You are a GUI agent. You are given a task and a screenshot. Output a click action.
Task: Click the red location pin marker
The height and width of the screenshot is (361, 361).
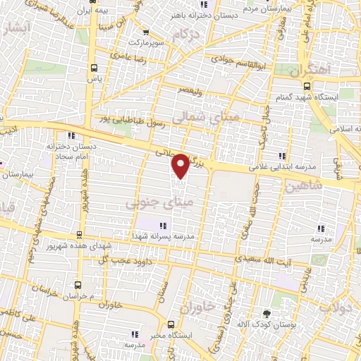[x=181, y=165]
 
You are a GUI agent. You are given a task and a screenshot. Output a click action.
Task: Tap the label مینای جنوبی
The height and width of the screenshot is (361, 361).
[x=149, y=203]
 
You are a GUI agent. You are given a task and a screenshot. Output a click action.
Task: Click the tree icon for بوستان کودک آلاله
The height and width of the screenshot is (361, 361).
[x=266, y=313]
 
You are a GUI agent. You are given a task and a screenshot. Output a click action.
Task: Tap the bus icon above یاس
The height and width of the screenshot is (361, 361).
[x=95, y=68]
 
